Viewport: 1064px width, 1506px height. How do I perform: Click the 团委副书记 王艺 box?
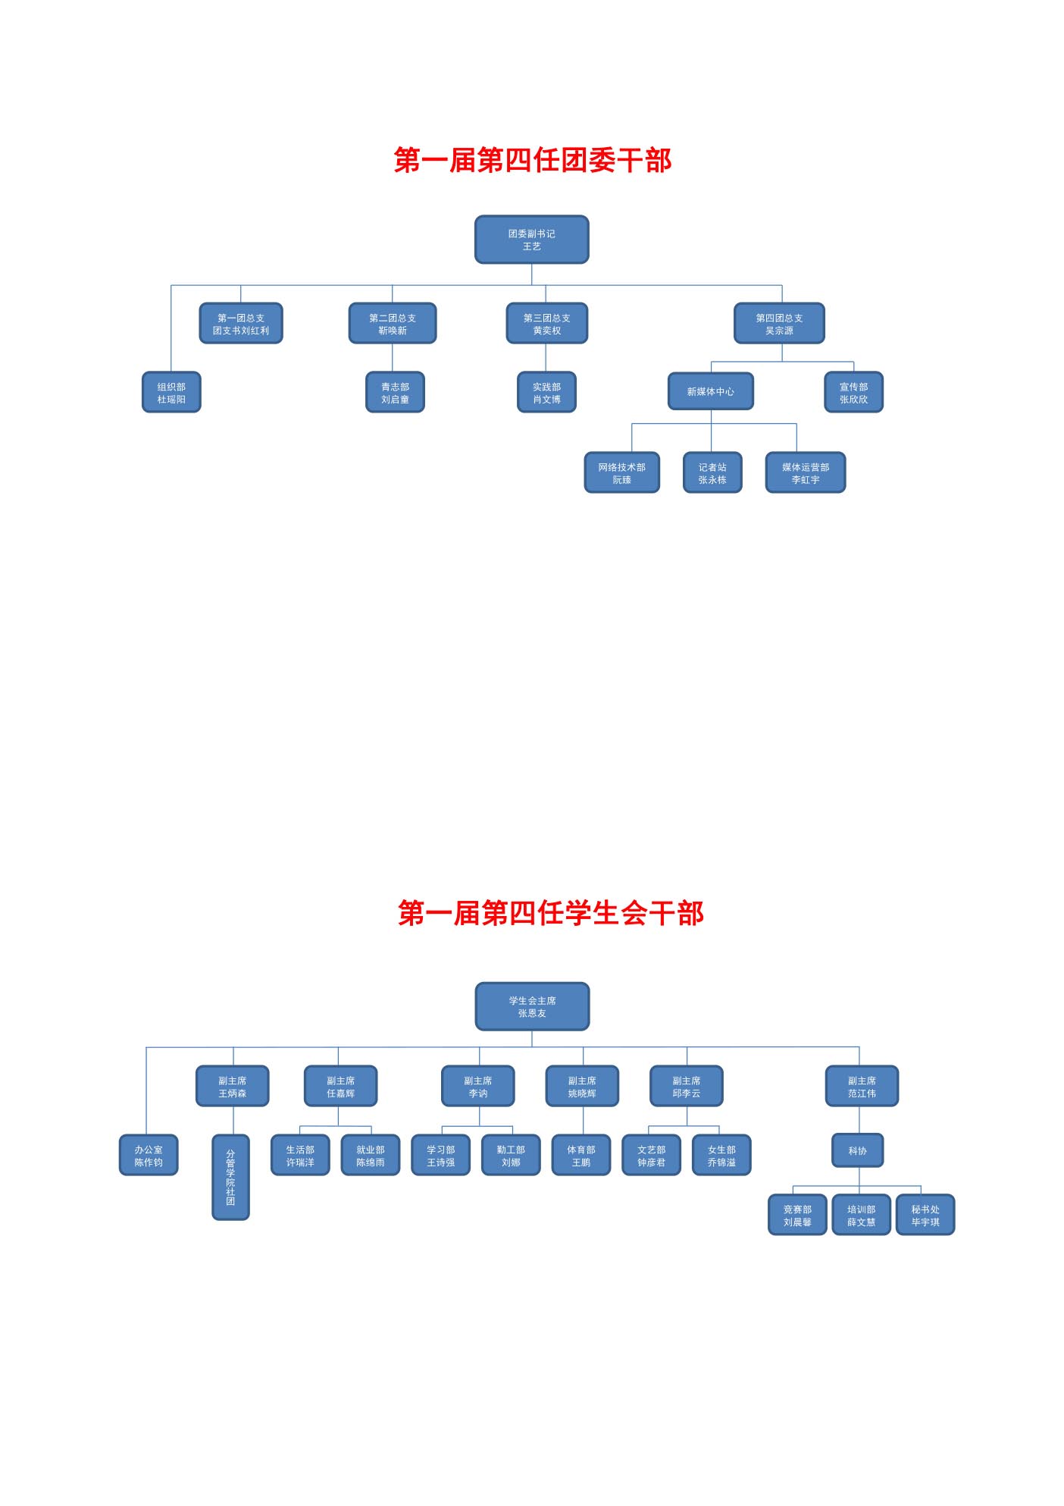531,240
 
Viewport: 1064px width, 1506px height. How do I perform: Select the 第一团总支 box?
241,324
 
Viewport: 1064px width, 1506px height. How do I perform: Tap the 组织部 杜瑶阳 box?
171,392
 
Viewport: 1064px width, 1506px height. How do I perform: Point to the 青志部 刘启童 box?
395,392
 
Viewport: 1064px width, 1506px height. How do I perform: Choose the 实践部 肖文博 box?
546,392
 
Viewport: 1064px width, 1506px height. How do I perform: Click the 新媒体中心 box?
710,391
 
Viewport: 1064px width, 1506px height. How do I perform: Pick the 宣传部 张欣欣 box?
853,392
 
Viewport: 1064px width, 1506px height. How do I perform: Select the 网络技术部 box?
621,472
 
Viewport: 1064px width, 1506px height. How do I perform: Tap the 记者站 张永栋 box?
712,472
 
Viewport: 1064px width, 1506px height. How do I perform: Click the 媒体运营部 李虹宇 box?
805,472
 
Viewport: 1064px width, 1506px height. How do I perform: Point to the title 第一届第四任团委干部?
532,161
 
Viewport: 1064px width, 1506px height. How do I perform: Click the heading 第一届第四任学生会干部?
550,913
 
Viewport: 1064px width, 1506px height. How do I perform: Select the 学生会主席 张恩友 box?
532,1006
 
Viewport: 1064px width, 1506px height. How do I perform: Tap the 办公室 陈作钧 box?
149,1155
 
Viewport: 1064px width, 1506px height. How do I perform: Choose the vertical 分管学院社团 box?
230,1177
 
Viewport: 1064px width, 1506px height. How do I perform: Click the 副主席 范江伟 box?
862,1086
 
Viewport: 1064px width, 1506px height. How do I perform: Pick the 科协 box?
857,1150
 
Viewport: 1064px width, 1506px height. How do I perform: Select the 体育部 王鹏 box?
581,1155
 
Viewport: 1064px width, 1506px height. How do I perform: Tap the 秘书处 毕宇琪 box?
925,1215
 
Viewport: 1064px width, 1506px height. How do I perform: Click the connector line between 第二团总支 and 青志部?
393,358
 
